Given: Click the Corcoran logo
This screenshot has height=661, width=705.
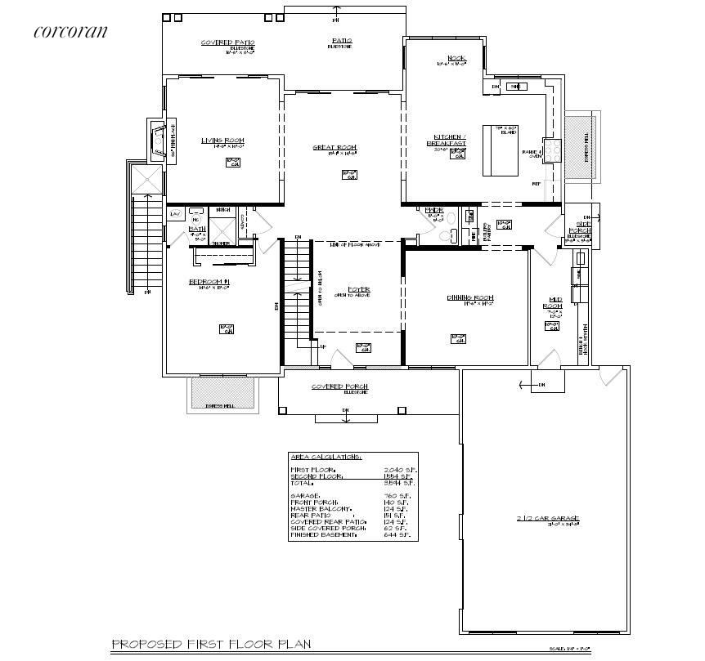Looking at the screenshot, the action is click(x=70, y=32).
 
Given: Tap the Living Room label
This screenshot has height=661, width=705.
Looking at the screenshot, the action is click(x=222, y=141).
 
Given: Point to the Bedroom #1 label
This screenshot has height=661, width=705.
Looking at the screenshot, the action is click(x=209, y=282).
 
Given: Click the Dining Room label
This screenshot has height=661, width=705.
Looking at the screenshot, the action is click(x=469, y=297).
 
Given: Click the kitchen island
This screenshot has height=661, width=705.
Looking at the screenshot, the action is click(x=501, y=150).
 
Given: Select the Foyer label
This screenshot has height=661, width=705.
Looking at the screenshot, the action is click(x=358, y=289).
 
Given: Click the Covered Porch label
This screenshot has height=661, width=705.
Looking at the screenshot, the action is click(x=339, y=386).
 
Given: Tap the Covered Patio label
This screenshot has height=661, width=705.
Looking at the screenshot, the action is click(x=228, y=42).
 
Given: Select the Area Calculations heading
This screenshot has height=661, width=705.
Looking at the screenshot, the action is click(x=326, y=458).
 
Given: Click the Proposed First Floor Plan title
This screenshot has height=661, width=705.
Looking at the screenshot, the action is click(x=211, y=644).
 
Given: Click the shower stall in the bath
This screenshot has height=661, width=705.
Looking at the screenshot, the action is click(x=222, y=226).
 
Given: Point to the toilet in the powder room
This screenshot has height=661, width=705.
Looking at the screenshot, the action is click(x=447, y=236).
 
